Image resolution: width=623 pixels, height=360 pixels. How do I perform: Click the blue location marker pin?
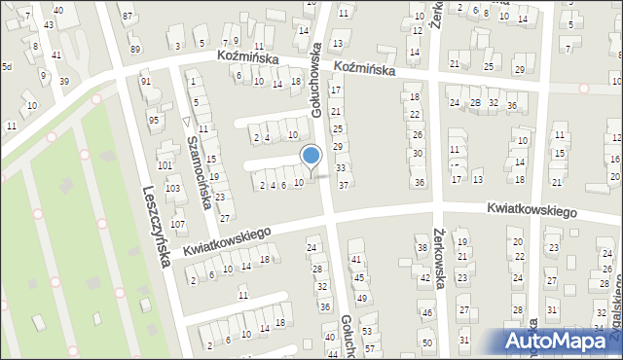click(x=311, y=157)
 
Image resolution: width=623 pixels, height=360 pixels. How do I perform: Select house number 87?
click(x=128, y=18)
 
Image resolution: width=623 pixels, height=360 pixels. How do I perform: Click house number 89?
click(x=134, y=50)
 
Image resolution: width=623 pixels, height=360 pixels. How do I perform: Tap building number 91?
click(x=145, y=82)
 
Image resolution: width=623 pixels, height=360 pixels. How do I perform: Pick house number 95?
click(x=153, y=120)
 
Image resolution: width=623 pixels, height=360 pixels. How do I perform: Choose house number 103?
click(x=172, y=188)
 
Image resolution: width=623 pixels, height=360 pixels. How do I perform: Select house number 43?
click(x=49, y=23)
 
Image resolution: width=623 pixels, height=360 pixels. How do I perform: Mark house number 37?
click(x=343, y=186)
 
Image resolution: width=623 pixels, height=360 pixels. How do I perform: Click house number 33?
click(x=341, y=168)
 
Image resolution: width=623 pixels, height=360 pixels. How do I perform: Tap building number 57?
click(x=369, y=347)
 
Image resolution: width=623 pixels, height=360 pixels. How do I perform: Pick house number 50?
click(x=427, y=342)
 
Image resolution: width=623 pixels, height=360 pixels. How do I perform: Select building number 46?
click(x=426, y=313)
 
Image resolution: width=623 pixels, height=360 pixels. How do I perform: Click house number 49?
click(x=362, y=296)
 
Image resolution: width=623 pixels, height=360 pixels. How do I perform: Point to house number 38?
click(x=422, y=248)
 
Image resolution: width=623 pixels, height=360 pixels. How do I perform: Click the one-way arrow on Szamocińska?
click(x=186, y=121)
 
